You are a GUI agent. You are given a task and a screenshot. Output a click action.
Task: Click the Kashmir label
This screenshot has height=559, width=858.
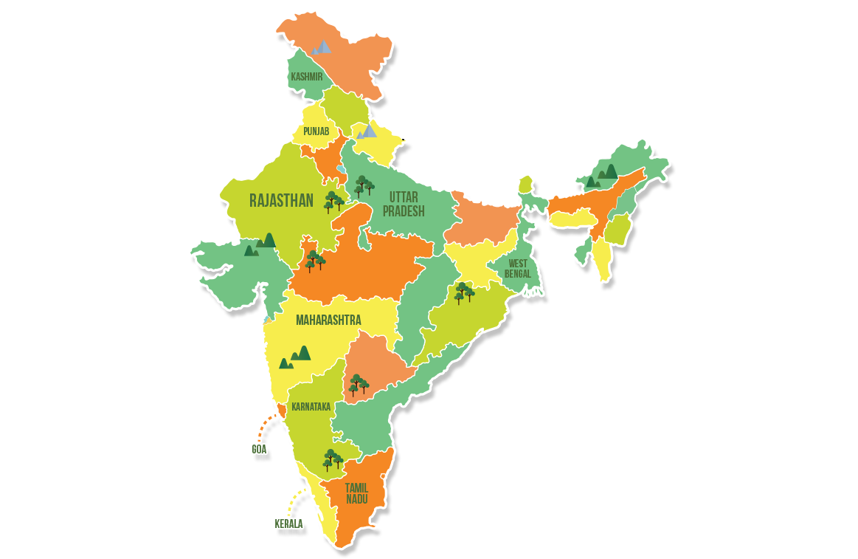[x=307, y=76]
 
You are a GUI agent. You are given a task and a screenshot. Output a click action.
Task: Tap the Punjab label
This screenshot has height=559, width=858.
[x=315, y=132]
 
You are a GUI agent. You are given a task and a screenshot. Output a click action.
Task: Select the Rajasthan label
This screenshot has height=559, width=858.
[x=282, y=200]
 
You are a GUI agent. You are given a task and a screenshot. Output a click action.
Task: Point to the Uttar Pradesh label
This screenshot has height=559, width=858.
[x=408, y=204]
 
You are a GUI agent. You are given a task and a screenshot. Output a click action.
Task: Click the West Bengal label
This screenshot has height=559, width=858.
[x=519, y=268]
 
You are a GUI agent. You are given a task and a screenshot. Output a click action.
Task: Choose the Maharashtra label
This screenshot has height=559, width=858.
[x=328, y=320]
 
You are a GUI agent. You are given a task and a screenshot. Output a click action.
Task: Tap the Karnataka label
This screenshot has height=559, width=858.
[x=311, y=406]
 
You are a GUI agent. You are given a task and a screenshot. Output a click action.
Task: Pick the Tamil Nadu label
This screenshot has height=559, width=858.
[x=356, y=493]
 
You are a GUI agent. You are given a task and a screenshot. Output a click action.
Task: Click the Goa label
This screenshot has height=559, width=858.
[x=259, y=449]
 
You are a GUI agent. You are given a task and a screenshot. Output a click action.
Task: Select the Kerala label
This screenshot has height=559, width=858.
[x=288, y=524]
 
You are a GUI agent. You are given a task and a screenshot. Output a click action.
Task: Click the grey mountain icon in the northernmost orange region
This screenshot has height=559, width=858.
[x=321, y=47]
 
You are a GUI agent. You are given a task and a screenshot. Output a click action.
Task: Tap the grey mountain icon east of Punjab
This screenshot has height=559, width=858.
[x=367, y=131]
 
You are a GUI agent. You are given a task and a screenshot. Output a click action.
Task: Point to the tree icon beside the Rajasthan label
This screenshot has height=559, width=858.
[x=334, y=201]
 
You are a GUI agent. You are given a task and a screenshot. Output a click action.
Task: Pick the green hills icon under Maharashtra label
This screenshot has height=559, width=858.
[x=295, y=357]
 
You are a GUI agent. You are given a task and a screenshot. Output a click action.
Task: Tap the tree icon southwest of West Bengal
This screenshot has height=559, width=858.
[x=464, y=293]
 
